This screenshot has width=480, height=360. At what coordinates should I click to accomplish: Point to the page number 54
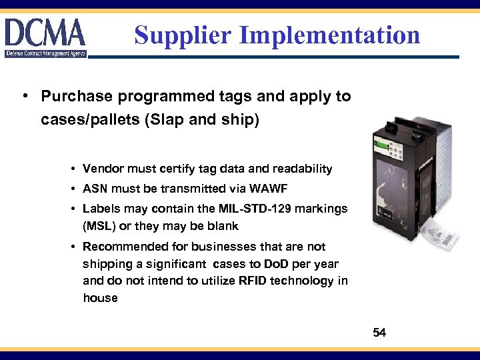379,332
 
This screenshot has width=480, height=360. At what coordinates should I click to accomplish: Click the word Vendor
103,169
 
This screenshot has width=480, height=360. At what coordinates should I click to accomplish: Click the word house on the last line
100,298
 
